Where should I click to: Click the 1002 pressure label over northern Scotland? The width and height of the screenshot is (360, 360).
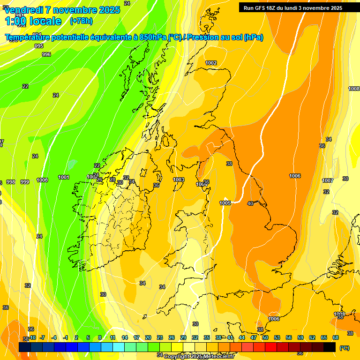pyautogui.click(x=211, y=63)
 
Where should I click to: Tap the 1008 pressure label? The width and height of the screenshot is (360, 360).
pyautogui.click(x=354, y=89)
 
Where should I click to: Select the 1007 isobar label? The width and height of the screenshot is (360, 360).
pyautogui.click(x=328, y=180)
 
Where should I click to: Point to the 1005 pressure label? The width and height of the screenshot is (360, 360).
pyautogui.click(x=225, y=203)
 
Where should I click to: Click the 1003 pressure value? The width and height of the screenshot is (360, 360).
pyautogui.click(x=179, y=180)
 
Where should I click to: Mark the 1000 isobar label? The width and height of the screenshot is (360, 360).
pyautogui.click(x=42, y=180)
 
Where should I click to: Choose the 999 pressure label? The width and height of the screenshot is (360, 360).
pyautogui.click(x=25, y=182)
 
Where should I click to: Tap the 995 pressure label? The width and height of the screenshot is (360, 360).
pyautogui.click(x=39, y=46)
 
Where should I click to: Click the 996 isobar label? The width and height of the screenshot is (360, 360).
pyautogui.click(x=46, y=54)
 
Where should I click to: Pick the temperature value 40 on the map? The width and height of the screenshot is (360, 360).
pyautogui.click(x=250, y=203)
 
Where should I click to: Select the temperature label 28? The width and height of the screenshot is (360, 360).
pyautogui.click(x=112, y=180)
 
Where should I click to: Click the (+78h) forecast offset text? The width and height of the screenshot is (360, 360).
pyautogui.click(x=81, y=21)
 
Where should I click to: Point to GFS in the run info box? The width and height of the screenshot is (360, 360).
pyautogui.click(x=261, y=7)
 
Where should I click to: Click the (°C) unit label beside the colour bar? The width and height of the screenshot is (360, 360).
pyautogui.click(x=345, y=348)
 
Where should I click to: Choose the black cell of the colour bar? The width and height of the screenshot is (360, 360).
pyautogui.click(x=330, y=346)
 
